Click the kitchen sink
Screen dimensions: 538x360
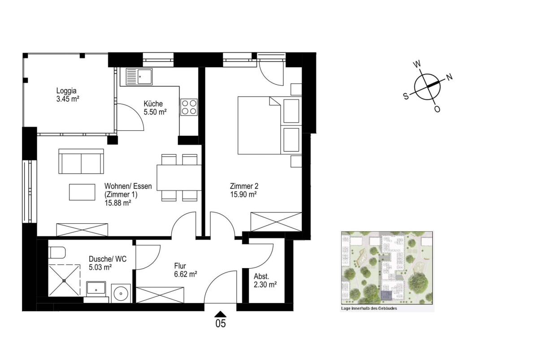click(x=139, y=76)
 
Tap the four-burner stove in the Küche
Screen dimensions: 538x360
click(x=189, y=107)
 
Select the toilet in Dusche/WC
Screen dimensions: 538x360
click(x=57, y=252)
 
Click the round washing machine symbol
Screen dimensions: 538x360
click(x=121, y=293)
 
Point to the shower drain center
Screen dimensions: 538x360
click(x=64, y=281)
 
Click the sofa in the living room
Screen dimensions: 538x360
click(x=81, y=161)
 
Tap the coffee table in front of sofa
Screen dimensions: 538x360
click(x=82, y=192)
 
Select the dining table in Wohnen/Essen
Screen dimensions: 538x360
click(x=179, y=178)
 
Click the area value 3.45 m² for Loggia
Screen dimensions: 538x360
click(x=68, y=99)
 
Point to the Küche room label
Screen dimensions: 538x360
click(x=153, y=104)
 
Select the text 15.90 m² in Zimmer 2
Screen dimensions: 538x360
click(x=243, y=194)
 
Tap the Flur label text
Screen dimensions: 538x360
click(x=180, y=266)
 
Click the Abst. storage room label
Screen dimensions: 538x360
click(x=261, y=276)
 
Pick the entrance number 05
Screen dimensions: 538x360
click(x=221, y=324)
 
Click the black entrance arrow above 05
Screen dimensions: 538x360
click(x=221, y=314)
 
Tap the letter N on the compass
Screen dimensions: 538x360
click(x=449, y=77)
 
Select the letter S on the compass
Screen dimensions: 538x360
click(x=406, y=96)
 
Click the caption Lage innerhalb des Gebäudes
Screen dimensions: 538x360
click(x=369, y=308)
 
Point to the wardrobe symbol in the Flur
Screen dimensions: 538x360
click(x=160, y=295)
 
